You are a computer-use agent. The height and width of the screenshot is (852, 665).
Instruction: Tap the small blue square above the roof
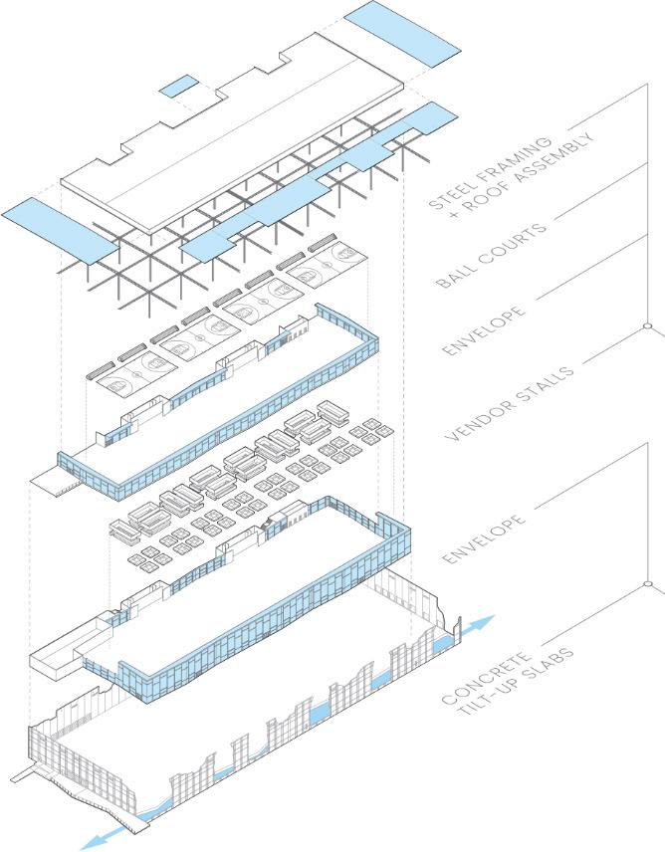pos(179,87)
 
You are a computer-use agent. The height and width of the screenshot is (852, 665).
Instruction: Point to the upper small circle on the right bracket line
pos(647,325)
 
